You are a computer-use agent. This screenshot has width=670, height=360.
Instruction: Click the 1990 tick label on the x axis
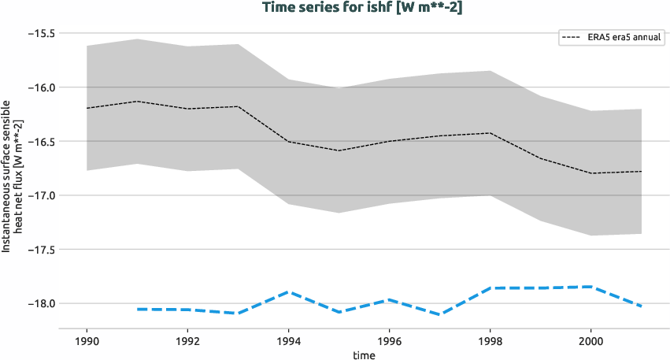[x=87, y=342]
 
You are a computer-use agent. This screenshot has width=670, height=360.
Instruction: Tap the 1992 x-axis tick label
[x=187, y=342]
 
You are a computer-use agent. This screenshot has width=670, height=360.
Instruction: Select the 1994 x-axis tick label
[x=288, y=342]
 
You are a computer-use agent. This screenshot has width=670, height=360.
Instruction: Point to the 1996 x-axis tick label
[x=389, y=342]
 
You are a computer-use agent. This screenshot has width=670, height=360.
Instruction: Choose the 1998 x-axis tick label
[x=490, y=342]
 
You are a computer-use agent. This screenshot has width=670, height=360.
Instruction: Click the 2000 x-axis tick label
[x=591, y=342]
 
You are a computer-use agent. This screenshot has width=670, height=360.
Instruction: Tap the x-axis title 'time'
[x=364, y=355]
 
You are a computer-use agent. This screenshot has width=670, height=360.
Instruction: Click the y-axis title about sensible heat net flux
[x=11, y=176]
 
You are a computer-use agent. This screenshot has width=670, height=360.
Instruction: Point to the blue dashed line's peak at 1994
[x=288, y=291]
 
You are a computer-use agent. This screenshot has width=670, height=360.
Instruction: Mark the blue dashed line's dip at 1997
[x=440, y=314]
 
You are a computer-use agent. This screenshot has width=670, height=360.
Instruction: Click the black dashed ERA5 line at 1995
[x=339, y=150]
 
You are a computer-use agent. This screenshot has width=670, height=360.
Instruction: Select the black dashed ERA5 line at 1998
[x=490, y=133]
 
